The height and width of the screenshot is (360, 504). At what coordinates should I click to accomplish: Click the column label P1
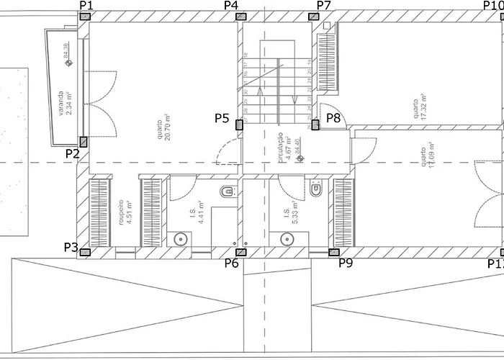(86, 5)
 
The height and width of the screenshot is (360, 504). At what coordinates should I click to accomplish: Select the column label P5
(222, 117)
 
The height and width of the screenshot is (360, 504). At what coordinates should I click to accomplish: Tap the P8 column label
(333, 117)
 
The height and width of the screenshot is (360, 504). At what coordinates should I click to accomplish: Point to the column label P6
(231, 264)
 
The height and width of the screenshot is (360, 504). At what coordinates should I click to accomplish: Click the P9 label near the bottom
(346, 263)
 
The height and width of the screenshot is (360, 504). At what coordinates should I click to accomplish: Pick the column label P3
(71, 248)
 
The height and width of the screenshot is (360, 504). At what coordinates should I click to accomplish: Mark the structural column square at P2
(84, 142)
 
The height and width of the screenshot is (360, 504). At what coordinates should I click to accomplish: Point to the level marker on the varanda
(68, 63)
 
